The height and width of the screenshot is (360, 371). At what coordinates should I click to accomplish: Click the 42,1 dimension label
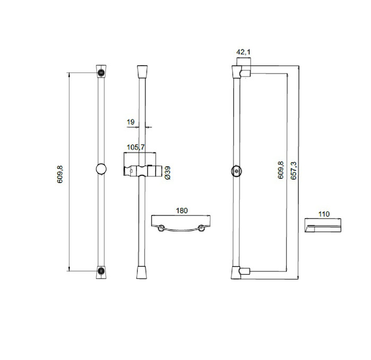[x=243, y=52]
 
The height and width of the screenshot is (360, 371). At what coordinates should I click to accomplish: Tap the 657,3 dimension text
[x=294, y=170]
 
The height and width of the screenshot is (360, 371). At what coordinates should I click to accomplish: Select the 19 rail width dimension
[x=130, y=122]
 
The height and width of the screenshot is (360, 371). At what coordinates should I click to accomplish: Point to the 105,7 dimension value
[x=136, y=147]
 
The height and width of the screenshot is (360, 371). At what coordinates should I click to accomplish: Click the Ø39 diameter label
[x=167, y=173]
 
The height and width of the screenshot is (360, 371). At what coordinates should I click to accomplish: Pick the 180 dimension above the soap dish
[x=182, y=210]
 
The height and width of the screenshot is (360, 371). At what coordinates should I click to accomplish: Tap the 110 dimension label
[x=324, y=214]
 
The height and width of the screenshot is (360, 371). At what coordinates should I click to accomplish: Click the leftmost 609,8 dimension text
[x=60, y=175]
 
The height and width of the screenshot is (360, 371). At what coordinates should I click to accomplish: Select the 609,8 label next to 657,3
[x=280, y=170]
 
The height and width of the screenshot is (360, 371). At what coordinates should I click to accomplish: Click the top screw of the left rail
[x=101, y=73]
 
